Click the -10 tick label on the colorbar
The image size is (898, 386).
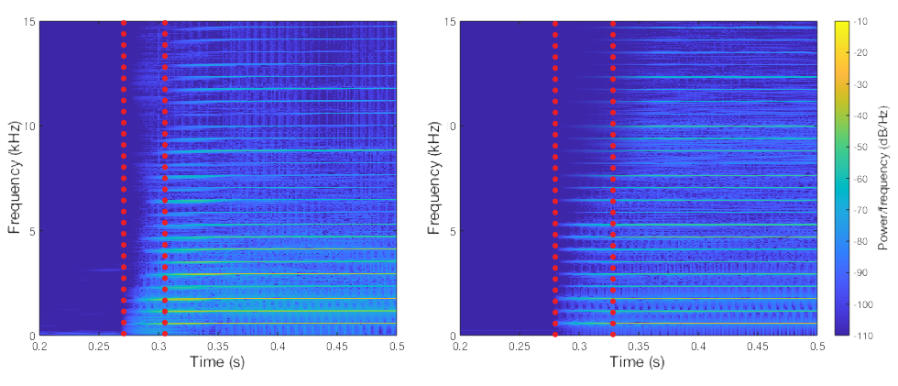[862, 21]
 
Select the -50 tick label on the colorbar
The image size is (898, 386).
[862, 147]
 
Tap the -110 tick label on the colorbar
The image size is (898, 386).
[864, 336]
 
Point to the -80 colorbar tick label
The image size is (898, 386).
[862, 241]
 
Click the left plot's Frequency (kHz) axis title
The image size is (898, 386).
[15, 179]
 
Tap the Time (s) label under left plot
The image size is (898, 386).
[218, 363]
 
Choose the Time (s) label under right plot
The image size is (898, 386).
[638, 363]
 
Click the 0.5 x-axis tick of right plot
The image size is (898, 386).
[816, 347]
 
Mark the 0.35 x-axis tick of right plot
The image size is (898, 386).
[638, 347]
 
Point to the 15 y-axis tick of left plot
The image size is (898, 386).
[27, 21]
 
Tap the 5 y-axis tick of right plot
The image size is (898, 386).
[451, 231]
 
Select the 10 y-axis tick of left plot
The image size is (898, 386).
[27, 126]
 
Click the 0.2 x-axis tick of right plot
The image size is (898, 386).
[460, 347]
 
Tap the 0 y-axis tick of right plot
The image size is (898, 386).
[451, 336]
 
